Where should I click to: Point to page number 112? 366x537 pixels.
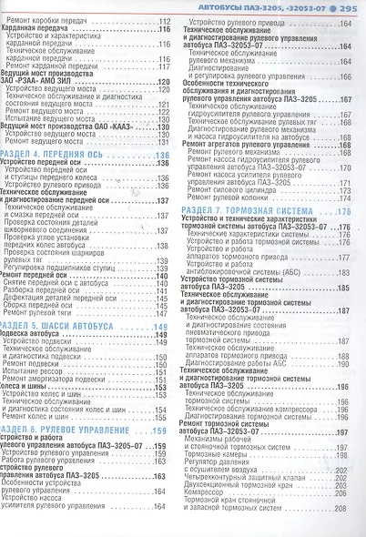pos(163,20)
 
